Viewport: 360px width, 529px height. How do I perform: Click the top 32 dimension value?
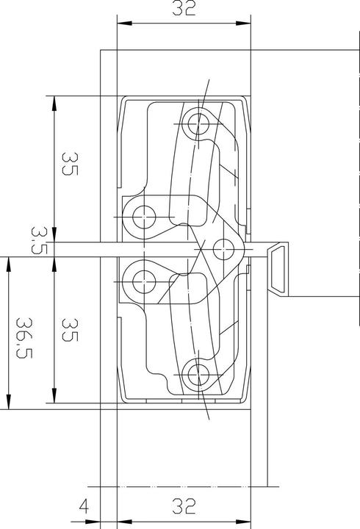[184, 10]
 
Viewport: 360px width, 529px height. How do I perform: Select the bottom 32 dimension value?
[184, 506]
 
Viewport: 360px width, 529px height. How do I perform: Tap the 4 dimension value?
[84, 506]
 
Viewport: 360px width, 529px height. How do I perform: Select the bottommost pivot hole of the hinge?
[195, 375]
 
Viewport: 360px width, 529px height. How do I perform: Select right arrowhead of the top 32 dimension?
[246, 24]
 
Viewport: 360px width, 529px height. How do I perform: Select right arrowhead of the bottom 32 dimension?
[246, 486]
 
